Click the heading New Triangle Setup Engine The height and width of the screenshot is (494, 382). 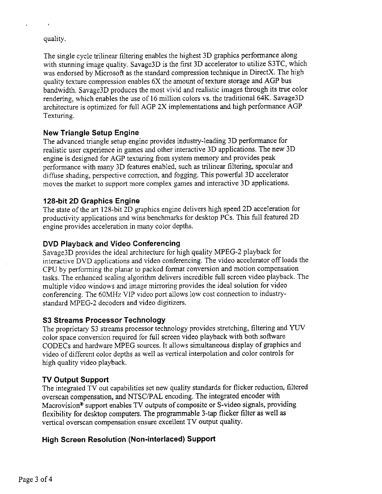[91, 133]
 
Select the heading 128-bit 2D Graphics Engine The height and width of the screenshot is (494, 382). [91, 201]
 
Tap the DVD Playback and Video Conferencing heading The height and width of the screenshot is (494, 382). [111, 243]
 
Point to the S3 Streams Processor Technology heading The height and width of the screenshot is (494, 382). [104, 320]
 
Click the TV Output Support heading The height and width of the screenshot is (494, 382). [76, 380]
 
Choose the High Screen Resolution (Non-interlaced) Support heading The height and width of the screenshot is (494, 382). [129, 439]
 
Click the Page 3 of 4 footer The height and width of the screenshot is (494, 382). [35, 479]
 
